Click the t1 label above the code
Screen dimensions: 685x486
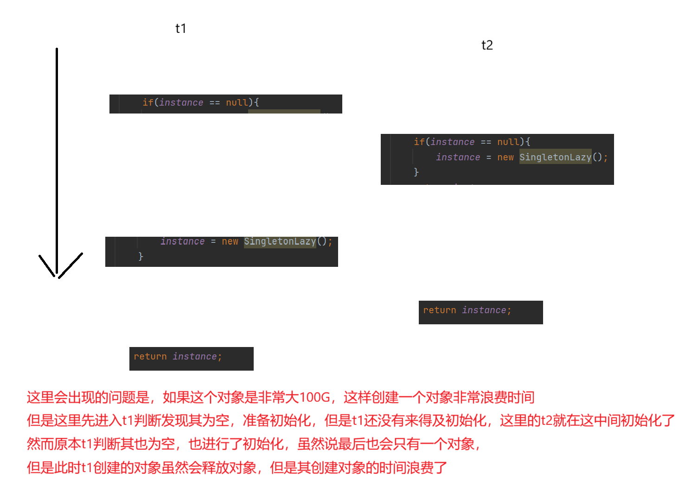181,29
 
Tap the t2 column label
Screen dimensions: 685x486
487,45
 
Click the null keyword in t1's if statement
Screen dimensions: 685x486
237,102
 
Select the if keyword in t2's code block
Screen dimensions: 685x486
419,142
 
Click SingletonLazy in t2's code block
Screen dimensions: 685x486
555,157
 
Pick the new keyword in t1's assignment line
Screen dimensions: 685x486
230,241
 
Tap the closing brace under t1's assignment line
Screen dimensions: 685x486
141,256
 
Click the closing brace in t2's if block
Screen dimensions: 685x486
416,172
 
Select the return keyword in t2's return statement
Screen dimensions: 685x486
439,310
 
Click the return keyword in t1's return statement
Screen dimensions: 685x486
150,356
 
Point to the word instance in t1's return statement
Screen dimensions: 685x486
195,356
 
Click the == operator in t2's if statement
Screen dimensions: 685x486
486,142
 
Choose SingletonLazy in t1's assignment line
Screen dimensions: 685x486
280,241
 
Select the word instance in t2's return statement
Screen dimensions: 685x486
484,310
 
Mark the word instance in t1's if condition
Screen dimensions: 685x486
181,102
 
